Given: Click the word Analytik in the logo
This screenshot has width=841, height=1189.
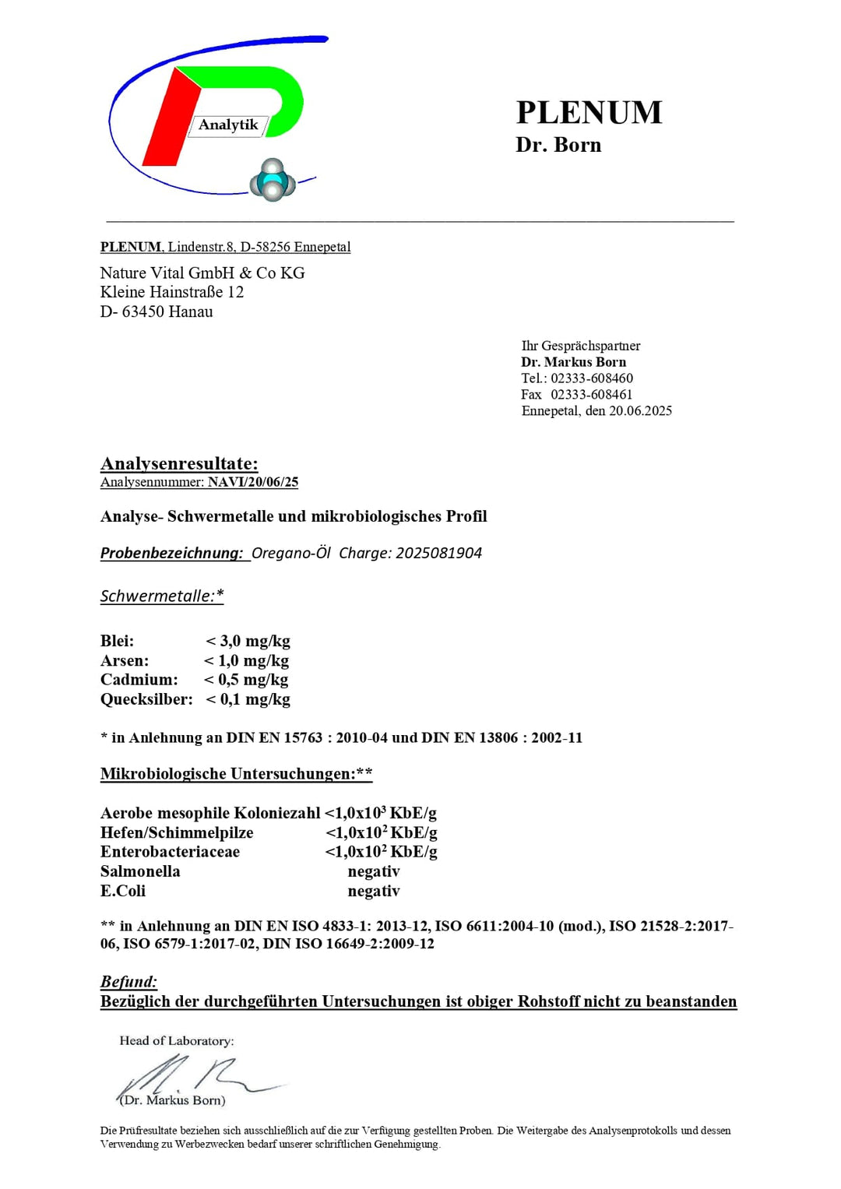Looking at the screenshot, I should pyautogui.click(x=227, y=125).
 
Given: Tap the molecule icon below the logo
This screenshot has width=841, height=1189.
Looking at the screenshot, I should pyautogui.click(x=273, y=181).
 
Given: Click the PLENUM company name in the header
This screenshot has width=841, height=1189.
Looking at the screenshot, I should pyautogui.click(x=589, y=113).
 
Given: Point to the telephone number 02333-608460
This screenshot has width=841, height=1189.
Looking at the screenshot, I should pyautogui.click(x=592, y=378).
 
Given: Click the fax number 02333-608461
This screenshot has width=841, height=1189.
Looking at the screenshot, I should pyautogui.click(x=591, y=395).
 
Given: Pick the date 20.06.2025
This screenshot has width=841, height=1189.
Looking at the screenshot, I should pyautogui.click(x=640, y=411).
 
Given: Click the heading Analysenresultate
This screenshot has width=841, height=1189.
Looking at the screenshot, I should pyautogui.click(x=179, y=464).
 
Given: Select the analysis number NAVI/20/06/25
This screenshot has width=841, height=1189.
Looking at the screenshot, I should pyautogui.click(x=253, y=482).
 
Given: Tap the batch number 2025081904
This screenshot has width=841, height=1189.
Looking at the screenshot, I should pyautogui.click(x=438, y=553).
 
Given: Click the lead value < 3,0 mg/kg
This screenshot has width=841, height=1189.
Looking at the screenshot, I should pyautogui.click(x=248, y=641).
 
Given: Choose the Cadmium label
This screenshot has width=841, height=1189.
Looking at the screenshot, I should pyautogui.click(x=139, y=680).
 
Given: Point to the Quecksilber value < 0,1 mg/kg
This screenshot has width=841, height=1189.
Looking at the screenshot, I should pyautogui.click(x=248, y=699).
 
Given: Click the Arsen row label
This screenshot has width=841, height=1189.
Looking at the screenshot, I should pyautogui.click(x=124, y=660).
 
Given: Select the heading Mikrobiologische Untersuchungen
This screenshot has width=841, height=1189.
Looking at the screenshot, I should pyautogui.click(x=236, y=773).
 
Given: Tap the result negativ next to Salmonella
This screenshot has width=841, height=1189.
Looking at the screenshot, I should pyautogui.click(x=373, y=871).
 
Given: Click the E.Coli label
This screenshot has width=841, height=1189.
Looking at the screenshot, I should pyautogui.click(x=123, y=891).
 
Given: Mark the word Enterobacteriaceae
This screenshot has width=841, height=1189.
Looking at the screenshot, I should pyautogui.click(x=170, y=852).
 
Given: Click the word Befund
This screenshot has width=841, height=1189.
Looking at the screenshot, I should pyautogui.click(x=128, y=982).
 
